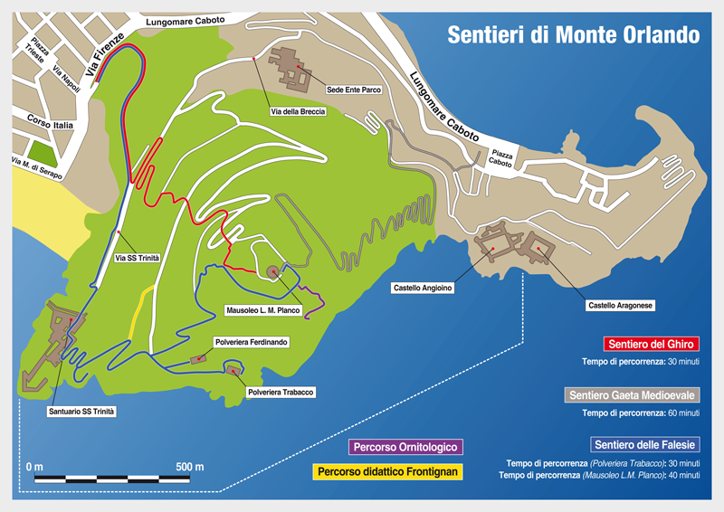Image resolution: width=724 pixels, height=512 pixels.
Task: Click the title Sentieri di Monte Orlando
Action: click(574, 35)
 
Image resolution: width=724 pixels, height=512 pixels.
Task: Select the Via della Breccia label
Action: click(291, 112)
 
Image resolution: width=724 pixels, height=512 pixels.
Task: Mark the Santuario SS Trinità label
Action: click(82, 412)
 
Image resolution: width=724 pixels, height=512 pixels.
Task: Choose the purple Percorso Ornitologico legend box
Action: click(406, 447)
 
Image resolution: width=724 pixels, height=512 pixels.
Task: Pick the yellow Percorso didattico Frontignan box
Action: click(388, 472)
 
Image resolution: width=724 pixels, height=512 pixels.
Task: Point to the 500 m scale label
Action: click(189, 466)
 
